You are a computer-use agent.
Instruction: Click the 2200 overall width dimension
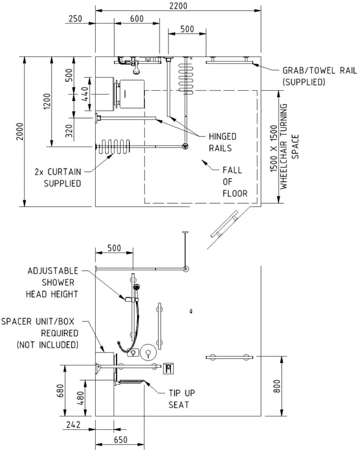pos(178,6)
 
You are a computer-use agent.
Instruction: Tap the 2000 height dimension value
pos(20,132)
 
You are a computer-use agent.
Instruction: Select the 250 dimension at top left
pos(75,18)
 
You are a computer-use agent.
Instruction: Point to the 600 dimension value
pos(137,18)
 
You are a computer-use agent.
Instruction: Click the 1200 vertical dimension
pos(47,101)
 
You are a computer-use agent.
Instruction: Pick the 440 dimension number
pos(85,95)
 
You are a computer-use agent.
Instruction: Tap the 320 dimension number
pos(69,130)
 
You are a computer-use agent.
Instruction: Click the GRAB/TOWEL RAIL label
pos(320,76)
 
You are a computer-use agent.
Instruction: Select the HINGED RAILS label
pos(222,142)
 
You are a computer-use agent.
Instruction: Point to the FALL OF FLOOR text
pos(235,182)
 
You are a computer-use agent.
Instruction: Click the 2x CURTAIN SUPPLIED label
pos(58,177)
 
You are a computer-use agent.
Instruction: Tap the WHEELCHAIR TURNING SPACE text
pos(289,147)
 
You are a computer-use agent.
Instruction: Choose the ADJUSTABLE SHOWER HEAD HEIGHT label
pos(53,283)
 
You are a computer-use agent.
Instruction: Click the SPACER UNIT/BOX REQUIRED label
pos(40,333)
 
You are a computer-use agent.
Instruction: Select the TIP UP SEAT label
pos(181,399)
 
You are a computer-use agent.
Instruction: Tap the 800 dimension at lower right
pos(277,386)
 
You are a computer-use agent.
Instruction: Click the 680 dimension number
pos(60,391)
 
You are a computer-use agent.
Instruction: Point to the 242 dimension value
pos(73,424)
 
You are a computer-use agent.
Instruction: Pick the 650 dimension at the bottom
pos(120,440)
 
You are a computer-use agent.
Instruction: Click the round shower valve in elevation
pos(148,352)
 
